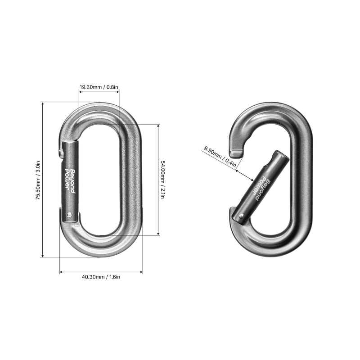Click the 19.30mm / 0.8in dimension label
click(99, 87)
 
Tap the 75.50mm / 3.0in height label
click(38, 180)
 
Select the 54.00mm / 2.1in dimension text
click(162, 180)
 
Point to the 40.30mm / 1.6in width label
click(101, 277)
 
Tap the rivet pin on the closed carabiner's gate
click(70, 215)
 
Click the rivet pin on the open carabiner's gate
click(241, 216)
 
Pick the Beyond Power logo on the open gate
click(261, 188)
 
